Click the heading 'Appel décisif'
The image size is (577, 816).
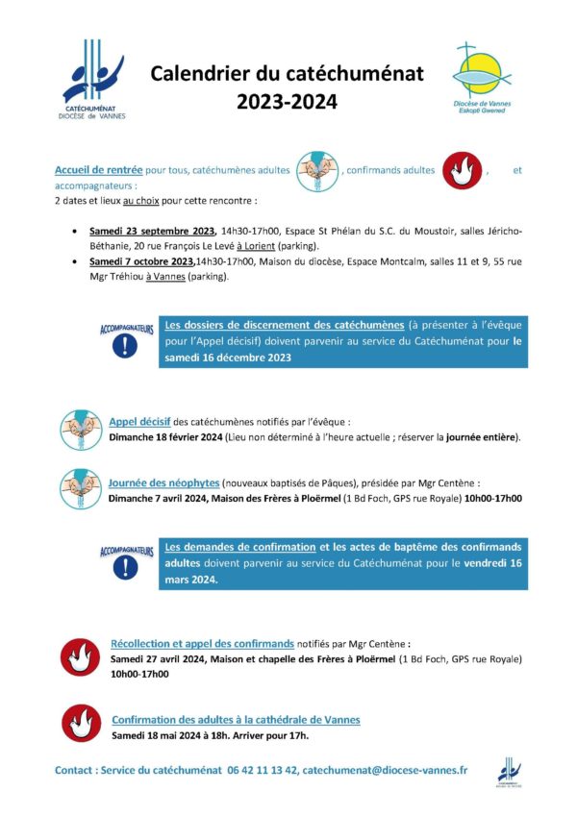pyautogui.click(x=140, y=421)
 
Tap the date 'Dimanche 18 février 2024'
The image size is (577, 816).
pyautogui.click(x=165, y=437)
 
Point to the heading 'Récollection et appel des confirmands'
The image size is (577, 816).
pyautogui.click(x=203, y=642)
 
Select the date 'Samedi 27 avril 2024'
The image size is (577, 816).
pyautogui.click(x=158, y=659)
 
